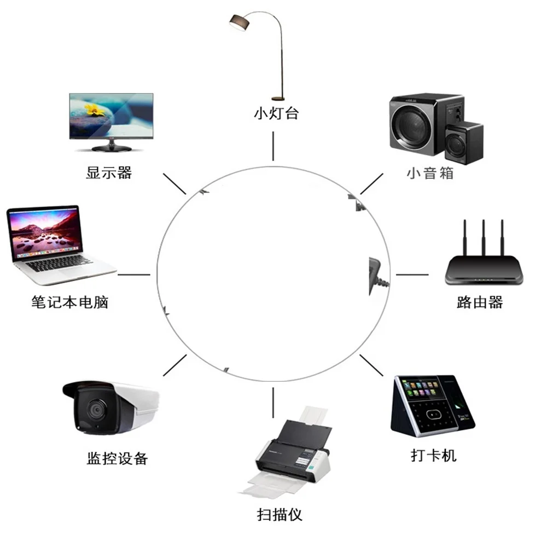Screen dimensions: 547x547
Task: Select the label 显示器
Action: (x=109, y=173)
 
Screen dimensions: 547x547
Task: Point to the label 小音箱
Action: (x=430, y=173)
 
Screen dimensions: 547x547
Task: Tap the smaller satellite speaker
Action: (x=464, y=143)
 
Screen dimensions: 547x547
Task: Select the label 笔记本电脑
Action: (x=70, y=302)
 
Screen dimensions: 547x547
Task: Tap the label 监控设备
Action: (x=117, y=458)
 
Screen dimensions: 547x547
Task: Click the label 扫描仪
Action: (x=279, y=514)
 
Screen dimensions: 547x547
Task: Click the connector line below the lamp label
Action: (x=273, y=146)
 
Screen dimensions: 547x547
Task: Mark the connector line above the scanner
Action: (x=272, y=402)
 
